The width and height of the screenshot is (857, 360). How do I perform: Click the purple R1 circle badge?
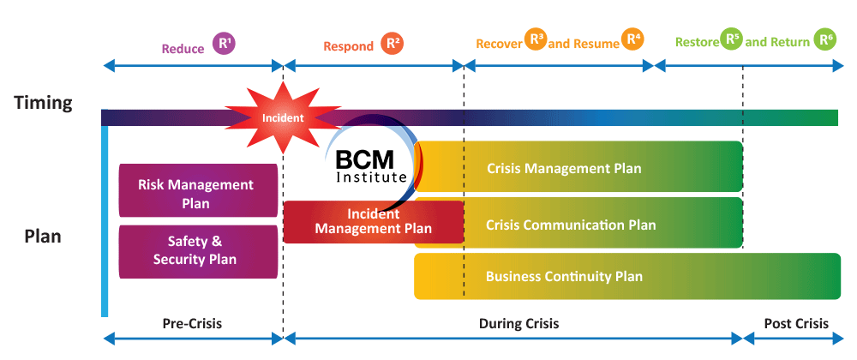(x=224, y=44)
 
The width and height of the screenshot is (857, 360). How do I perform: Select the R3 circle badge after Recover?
(x=536, y=39)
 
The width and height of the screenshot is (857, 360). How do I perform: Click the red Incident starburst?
(x=272, y=117)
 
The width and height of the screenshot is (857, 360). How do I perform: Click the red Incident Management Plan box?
(x=373, y=222)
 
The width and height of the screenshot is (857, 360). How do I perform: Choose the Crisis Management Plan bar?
(x=578, y=167)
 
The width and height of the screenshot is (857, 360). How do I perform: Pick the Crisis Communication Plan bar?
(x=578, y=224)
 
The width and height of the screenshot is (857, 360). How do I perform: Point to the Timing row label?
(x=43, y=104)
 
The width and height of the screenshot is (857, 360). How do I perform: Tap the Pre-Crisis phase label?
(x=191, y=323)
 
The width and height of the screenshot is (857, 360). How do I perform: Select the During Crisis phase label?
(x=518, y=323)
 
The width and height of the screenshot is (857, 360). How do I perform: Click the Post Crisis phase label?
(x=796, y=323)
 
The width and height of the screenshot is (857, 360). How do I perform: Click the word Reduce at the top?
(x=183, y=48)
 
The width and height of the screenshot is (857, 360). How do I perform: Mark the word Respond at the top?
(x=348, y=45)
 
